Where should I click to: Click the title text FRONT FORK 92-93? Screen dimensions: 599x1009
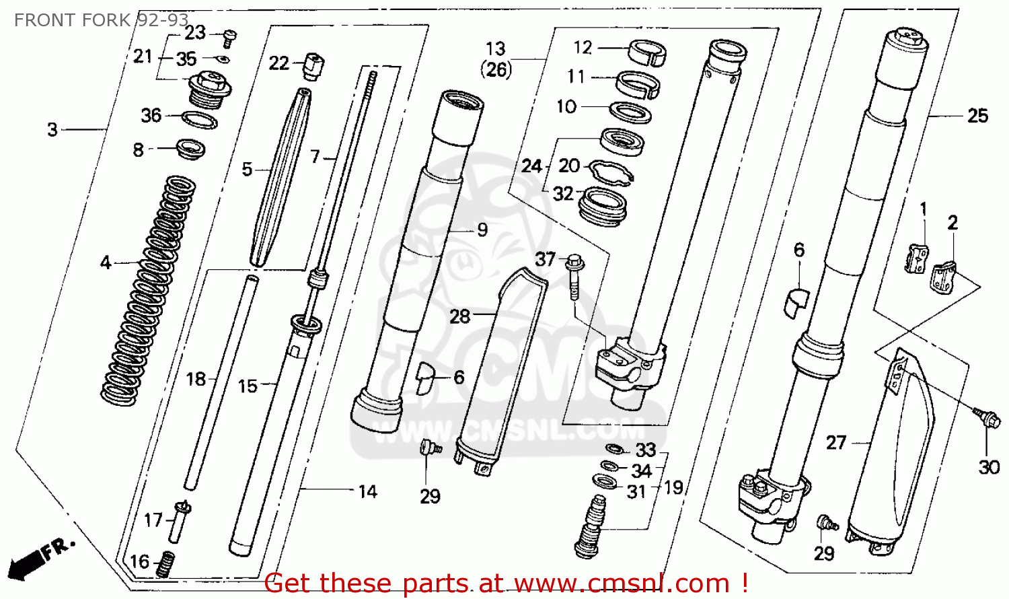[x=101, y=20]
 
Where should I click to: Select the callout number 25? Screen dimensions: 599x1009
[x=977, y=116]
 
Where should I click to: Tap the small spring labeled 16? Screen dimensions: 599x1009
[x=165, y=564]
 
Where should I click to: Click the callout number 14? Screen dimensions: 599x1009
[x=367, y=492]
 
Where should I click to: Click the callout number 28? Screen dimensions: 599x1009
[x=459, y=316]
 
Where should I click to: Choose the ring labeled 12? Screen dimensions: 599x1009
[x=647, y=52]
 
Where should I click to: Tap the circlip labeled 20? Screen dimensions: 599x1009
[x=611, y=172]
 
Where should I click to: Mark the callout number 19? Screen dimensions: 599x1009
[x=673, y=487]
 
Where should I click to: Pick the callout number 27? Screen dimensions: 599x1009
[x=836, y=442]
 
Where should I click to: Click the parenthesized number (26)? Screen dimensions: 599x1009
[x=496, y=69]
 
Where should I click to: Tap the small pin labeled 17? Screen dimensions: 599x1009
[x=178, y=522]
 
